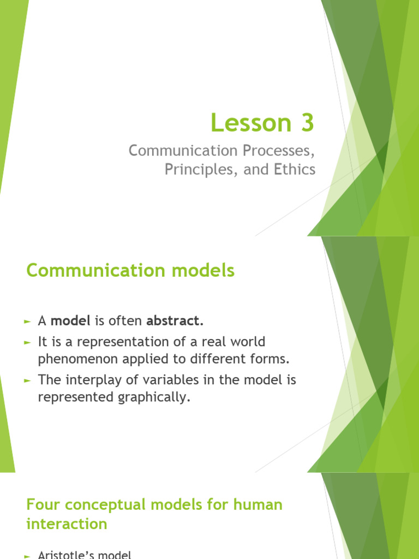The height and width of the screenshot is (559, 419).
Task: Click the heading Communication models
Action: pos(130,270)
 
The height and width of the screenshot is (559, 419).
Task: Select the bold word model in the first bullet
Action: pos(70,321)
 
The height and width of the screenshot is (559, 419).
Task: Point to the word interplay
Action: pos(87,379)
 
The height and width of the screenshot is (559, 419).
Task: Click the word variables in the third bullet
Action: pos(143,379)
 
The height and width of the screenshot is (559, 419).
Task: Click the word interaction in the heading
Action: pos(67,524)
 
